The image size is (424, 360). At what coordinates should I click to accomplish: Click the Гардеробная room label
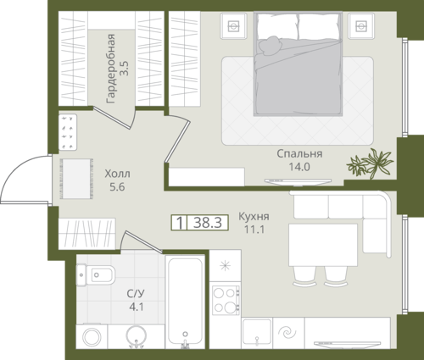coord(111,69)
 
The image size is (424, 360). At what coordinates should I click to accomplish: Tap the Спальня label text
coord(299,154)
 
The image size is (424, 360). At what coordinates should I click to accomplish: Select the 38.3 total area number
coord(208,223)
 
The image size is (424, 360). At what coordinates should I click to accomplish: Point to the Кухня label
coord(254,217)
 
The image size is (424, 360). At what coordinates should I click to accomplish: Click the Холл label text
coord(117,174)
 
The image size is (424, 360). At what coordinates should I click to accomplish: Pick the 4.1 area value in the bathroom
coord(137,307)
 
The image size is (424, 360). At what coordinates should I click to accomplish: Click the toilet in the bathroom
coord(96,275)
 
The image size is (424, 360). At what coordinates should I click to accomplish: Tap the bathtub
coord(185,302)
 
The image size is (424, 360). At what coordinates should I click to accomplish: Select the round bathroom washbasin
coord(137,336)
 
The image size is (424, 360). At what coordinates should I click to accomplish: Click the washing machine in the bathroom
coord(92,336)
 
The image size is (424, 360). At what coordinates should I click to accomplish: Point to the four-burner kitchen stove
coord(226,300)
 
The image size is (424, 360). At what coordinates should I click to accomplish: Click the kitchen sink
coord(257,332)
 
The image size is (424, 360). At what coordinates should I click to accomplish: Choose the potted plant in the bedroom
coord(370,163)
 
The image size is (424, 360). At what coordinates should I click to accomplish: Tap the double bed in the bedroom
coord(298,64)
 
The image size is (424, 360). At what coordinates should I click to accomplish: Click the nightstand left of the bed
coord(234,26)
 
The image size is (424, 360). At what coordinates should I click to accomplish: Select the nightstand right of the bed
coord(361,26)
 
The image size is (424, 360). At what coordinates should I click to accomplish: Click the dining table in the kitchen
coord(323,245)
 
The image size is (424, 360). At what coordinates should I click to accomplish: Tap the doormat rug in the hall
coord(76,179)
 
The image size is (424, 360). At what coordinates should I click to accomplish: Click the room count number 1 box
coord(179,223)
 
